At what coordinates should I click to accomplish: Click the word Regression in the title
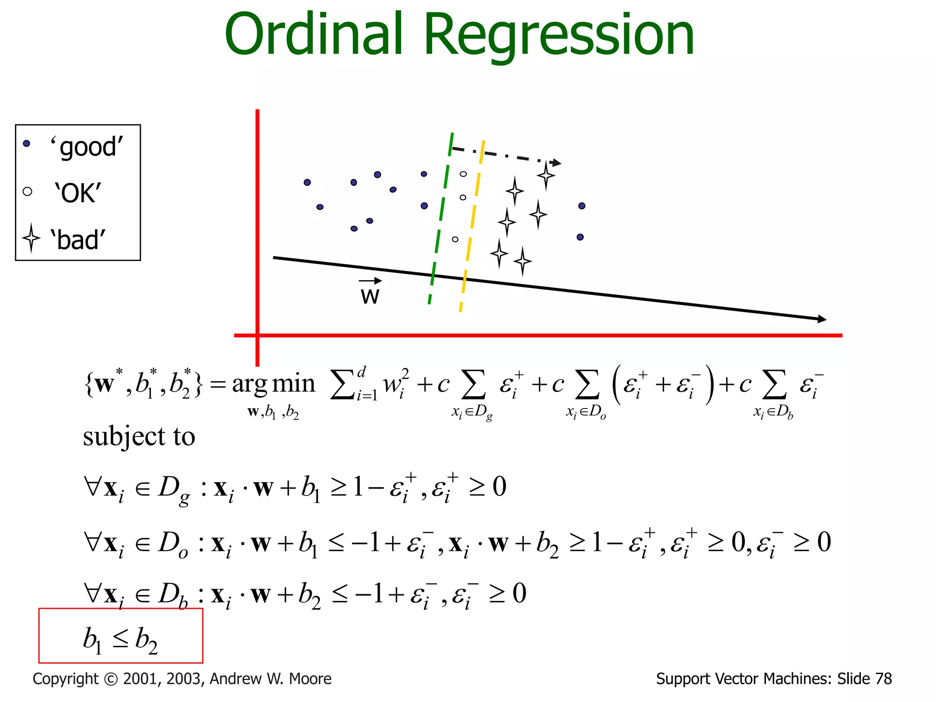point(559,36)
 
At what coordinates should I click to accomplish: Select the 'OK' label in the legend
point(78,193)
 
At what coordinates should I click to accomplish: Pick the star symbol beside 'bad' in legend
point(31,238)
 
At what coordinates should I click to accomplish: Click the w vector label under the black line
point(370,295)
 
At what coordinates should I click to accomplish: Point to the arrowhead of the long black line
point(822,319)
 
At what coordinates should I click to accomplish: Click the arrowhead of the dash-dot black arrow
point(556,163)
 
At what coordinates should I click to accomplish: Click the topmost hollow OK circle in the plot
point(463,174)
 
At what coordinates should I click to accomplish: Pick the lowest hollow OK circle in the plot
point(455,239)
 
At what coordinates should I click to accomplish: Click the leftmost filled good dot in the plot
point(307,182)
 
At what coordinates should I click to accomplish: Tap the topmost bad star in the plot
point(546,175)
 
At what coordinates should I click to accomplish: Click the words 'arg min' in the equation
point(273,384)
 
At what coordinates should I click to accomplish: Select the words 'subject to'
point(139,436)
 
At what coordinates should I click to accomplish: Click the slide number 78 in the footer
point(883,679)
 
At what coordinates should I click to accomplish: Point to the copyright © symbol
point(111,679)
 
